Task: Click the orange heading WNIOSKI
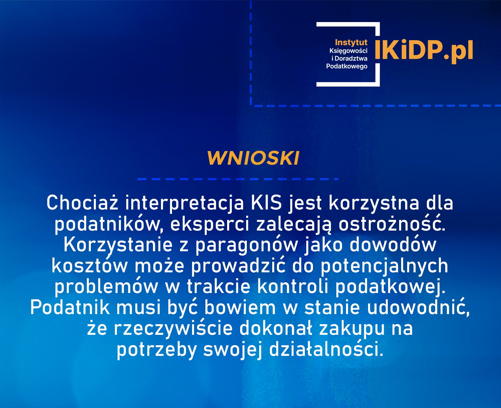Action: pos(253,158)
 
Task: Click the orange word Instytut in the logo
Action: pos(351,42)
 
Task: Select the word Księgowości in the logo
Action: pos(348,51)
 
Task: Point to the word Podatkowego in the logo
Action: pos(347,66)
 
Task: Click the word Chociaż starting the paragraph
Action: pos(82,203)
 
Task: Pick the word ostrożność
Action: pos(391,224)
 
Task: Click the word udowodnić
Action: pos(418,307)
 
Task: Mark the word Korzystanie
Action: pos(118,245)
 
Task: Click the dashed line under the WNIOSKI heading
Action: pos(238,179)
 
